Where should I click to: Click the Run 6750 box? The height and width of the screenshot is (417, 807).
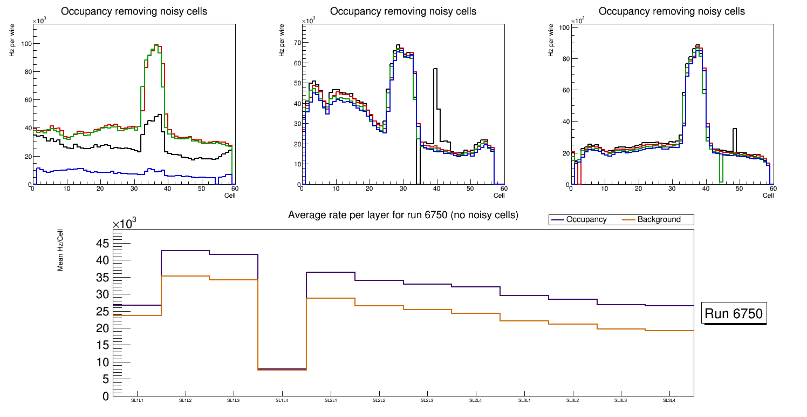point(734,314)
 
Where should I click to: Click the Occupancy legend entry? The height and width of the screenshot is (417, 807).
point(586,220)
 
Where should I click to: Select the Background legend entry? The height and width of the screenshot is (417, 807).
point(659,220)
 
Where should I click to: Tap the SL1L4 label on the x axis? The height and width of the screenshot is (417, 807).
point(282,400)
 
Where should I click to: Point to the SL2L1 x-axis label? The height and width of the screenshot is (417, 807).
point(331,400)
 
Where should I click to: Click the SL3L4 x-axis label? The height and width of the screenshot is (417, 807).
point(669,400)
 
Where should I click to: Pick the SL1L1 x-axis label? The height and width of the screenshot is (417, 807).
point(137,400)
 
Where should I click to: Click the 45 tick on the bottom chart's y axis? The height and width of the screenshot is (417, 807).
point(102,244)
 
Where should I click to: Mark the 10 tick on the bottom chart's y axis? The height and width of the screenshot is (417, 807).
point(102,362)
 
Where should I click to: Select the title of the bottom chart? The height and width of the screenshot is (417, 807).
point(403,215)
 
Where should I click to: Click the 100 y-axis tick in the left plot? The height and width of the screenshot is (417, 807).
point(25,44)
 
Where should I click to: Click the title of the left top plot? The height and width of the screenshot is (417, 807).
point(134,11)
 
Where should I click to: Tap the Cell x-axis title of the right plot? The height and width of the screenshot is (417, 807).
point(768,196)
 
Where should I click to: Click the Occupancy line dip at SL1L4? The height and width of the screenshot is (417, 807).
point(282,369)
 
